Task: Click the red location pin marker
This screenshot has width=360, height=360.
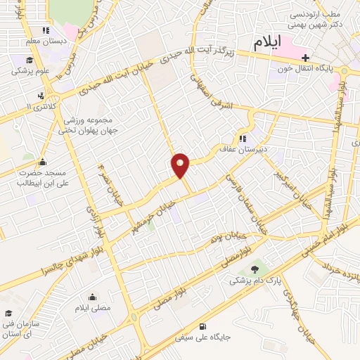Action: coord(181,165)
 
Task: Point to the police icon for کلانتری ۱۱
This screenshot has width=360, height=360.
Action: coord(42,96)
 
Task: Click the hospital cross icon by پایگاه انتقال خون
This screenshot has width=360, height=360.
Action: coord(304,58)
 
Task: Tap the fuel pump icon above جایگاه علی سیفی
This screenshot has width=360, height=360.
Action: coord(202,326)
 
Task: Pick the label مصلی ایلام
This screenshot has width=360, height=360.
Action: coord(93,309)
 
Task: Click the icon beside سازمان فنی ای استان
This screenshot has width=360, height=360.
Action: coord(8,314)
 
